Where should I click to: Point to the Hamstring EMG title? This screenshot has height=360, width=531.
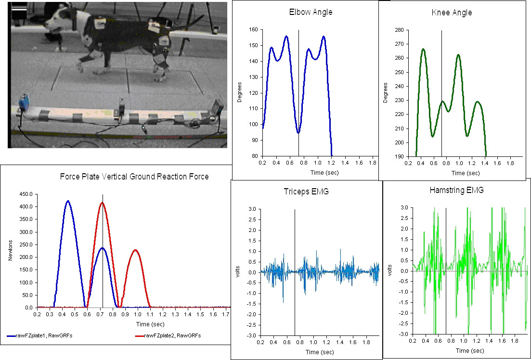456,190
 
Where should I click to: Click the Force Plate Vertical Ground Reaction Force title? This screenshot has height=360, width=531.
134,177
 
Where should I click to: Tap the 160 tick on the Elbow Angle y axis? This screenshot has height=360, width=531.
253,30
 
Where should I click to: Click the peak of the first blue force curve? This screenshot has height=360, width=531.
68,201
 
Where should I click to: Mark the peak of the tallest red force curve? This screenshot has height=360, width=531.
102,203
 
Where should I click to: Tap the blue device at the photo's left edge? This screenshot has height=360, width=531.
23,103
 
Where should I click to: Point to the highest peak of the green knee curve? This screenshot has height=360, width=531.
423,49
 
